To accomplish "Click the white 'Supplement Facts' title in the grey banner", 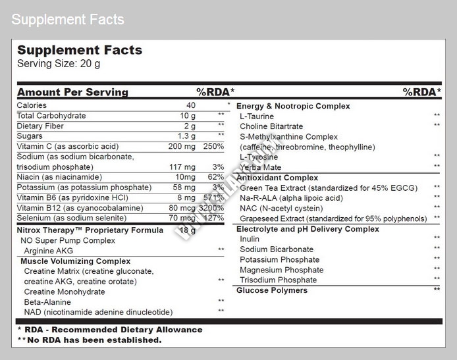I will [x=67, y=20].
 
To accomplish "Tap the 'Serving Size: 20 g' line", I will [x=59, y=64].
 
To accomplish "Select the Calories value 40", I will [x=191, y=105].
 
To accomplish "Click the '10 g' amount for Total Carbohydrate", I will [x=188, y=116].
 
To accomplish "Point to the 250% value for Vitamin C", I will [x=213, y=146].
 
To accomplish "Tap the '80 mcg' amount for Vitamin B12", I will [x=181, y=207].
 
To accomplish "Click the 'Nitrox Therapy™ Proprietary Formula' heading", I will [x=90, y=230].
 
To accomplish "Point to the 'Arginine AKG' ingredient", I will [x=48, y=251].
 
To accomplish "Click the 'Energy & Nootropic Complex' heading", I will [x=293, y=106].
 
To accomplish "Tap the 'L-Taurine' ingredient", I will [x=257, y=116].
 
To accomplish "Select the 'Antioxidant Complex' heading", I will [x=277, y=178].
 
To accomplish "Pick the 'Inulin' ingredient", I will [x=250, y=239].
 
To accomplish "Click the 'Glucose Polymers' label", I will [x=272, y=290].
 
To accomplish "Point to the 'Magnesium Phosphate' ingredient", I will [x=282, y=270].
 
